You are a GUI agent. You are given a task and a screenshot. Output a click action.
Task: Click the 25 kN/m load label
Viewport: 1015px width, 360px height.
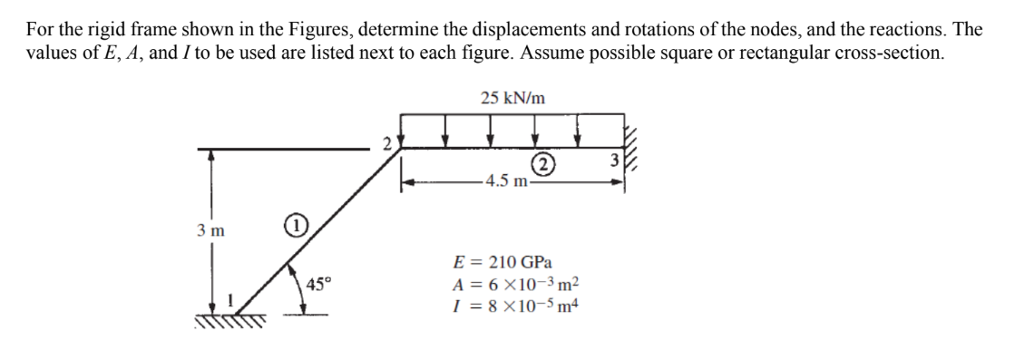pos(512,98)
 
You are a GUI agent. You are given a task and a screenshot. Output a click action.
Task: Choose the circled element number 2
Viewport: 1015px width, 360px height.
pos(542,164)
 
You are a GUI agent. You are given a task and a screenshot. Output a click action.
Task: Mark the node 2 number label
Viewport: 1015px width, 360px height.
pos(387,143)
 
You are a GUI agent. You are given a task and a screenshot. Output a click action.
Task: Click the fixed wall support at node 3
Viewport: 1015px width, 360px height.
pos(633,144)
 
